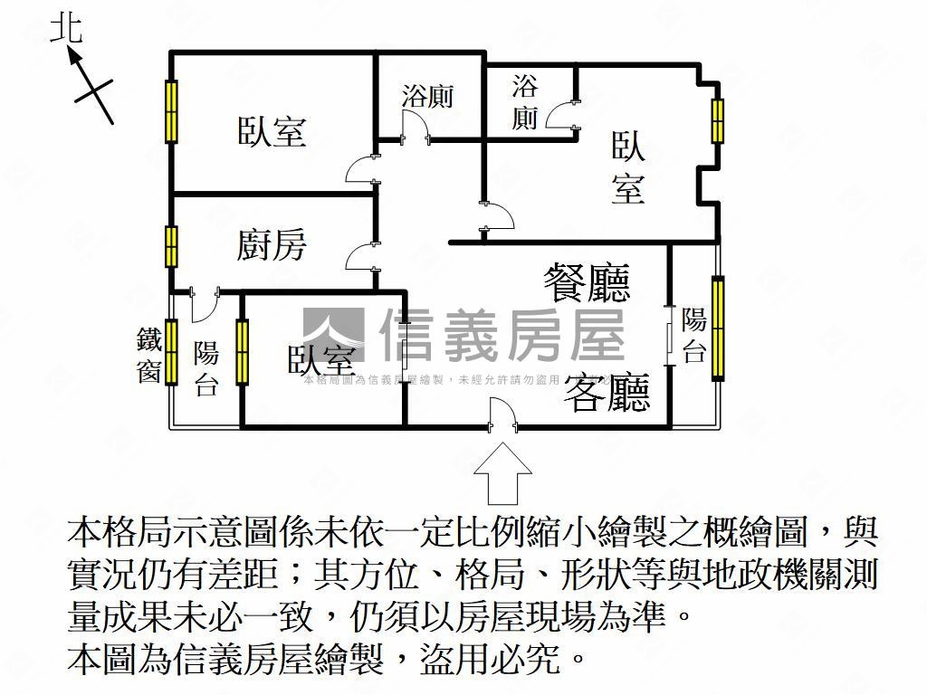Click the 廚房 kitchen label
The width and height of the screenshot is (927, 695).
click(272, 245)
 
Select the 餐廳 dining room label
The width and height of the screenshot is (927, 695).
click(587, 282)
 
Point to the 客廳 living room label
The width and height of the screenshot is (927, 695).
click(608, 392)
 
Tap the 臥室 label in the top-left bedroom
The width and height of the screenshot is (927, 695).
click(272, 132)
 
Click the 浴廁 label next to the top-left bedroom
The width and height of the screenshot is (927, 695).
click(427, 97)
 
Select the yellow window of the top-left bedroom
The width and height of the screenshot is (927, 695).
click(171, 111)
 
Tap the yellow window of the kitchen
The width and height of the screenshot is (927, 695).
click(171, 245)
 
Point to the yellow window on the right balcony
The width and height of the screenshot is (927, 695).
click(718, 328)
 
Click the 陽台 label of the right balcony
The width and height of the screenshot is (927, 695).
click(694, 335)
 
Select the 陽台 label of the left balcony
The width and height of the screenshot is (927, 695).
click(206, 368)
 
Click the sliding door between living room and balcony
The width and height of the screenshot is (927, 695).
click(669, 336)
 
